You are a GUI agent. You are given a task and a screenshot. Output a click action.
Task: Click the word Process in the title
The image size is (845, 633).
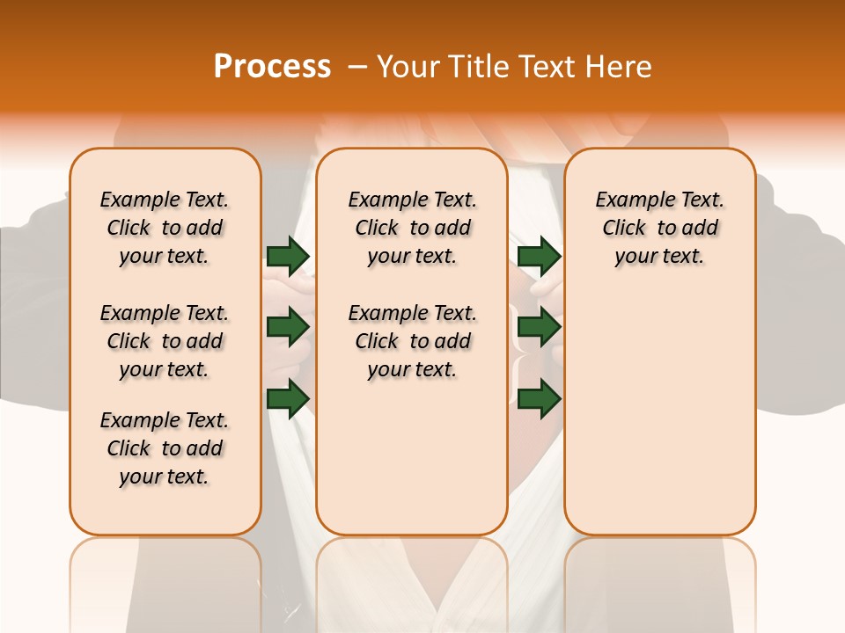coord(272,67)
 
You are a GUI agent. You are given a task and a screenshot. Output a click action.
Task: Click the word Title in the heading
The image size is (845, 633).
coord(481,67)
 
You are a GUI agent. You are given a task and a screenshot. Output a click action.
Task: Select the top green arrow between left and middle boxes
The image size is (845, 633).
coord(288,256)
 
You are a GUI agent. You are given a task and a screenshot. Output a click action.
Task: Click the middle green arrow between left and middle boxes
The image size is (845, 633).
coord(288,327)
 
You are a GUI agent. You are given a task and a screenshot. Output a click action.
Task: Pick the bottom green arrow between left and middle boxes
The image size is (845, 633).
coord(288,398)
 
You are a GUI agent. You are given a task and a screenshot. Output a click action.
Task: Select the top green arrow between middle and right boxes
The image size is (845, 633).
coord(540,256)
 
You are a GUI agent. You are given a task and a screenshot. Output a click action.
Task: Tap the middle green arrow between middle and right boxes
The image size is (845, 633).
coord(540,327)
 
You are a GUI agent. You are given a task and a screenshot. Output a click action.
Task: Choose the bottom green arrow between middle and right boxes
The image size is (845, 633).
coord(540,398)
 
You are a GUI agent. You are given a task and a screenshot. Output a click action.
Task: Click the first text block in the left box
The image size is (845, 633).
coord(165,228)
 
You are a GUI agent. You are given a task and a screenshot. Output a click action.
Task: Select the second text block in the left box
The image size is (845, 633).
coord(165,341)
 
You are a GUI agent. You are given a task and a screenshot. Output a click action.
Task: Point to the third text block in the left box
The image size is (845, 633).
coord(165,448)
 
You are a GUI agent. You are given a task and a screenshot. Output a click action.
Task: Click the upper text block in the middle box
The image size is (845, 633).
coord(412,228)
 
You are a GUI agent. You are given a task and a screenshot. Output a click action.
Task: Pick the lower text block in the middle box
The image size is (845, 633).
coord(412,341)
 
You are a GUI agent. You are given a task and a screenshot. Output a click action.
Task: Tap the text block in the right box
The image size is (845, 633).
coord(659,228)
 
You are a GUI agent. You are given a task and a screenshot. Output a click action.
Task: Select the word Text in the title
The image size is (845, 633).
coord(552,67)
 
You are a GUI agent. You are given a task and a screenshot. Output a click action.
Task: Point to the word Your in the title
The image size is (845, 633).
coord(408,67)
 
